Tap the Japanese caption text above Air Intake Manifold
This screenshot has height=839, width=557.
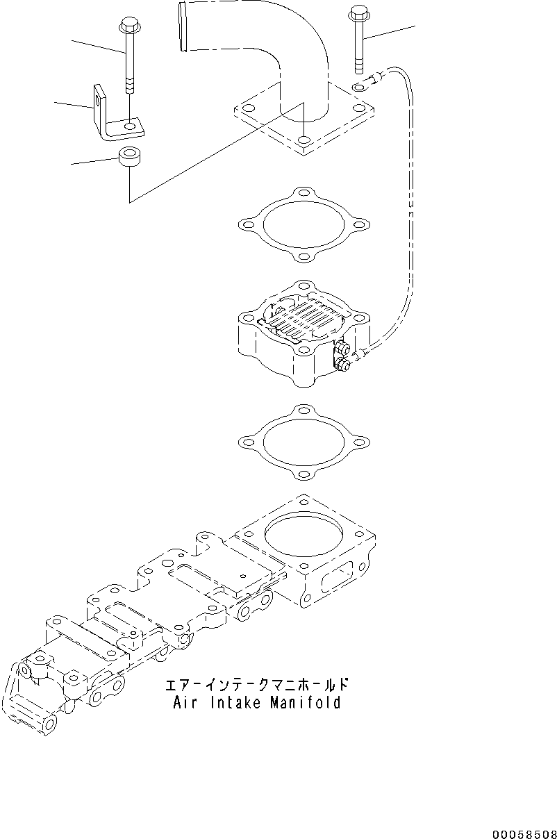[x=256, y=686]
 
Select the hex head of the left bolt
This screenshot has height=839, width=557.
[x=128, y=27]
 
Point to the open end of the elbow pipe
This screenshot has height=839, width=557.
[x=183, y=26]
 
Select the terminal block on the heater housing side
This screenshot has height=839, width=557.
[x=341, y=355]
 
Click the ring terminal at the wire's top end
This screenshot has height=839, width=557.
[x=360, y=88]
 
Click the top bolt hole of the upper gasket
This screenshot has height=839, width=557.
[x=302, y=193]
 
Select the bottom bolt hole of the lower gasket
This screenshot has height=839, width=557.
[x=302, y=475]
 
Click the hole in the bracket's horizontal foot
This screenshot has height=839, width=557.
[x=129, y=126]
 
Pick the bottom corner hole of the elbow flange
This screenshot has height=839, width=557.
[x=303, y=142]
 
